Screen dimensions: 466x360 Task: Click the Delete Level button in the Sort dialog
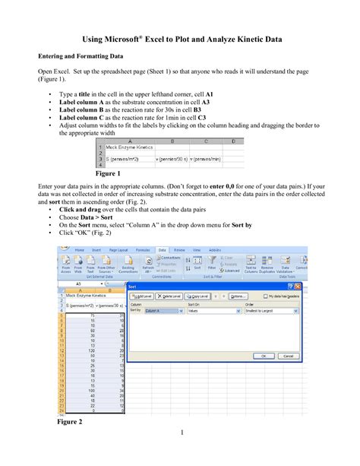pyautogui.click(x=172, y=296)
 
